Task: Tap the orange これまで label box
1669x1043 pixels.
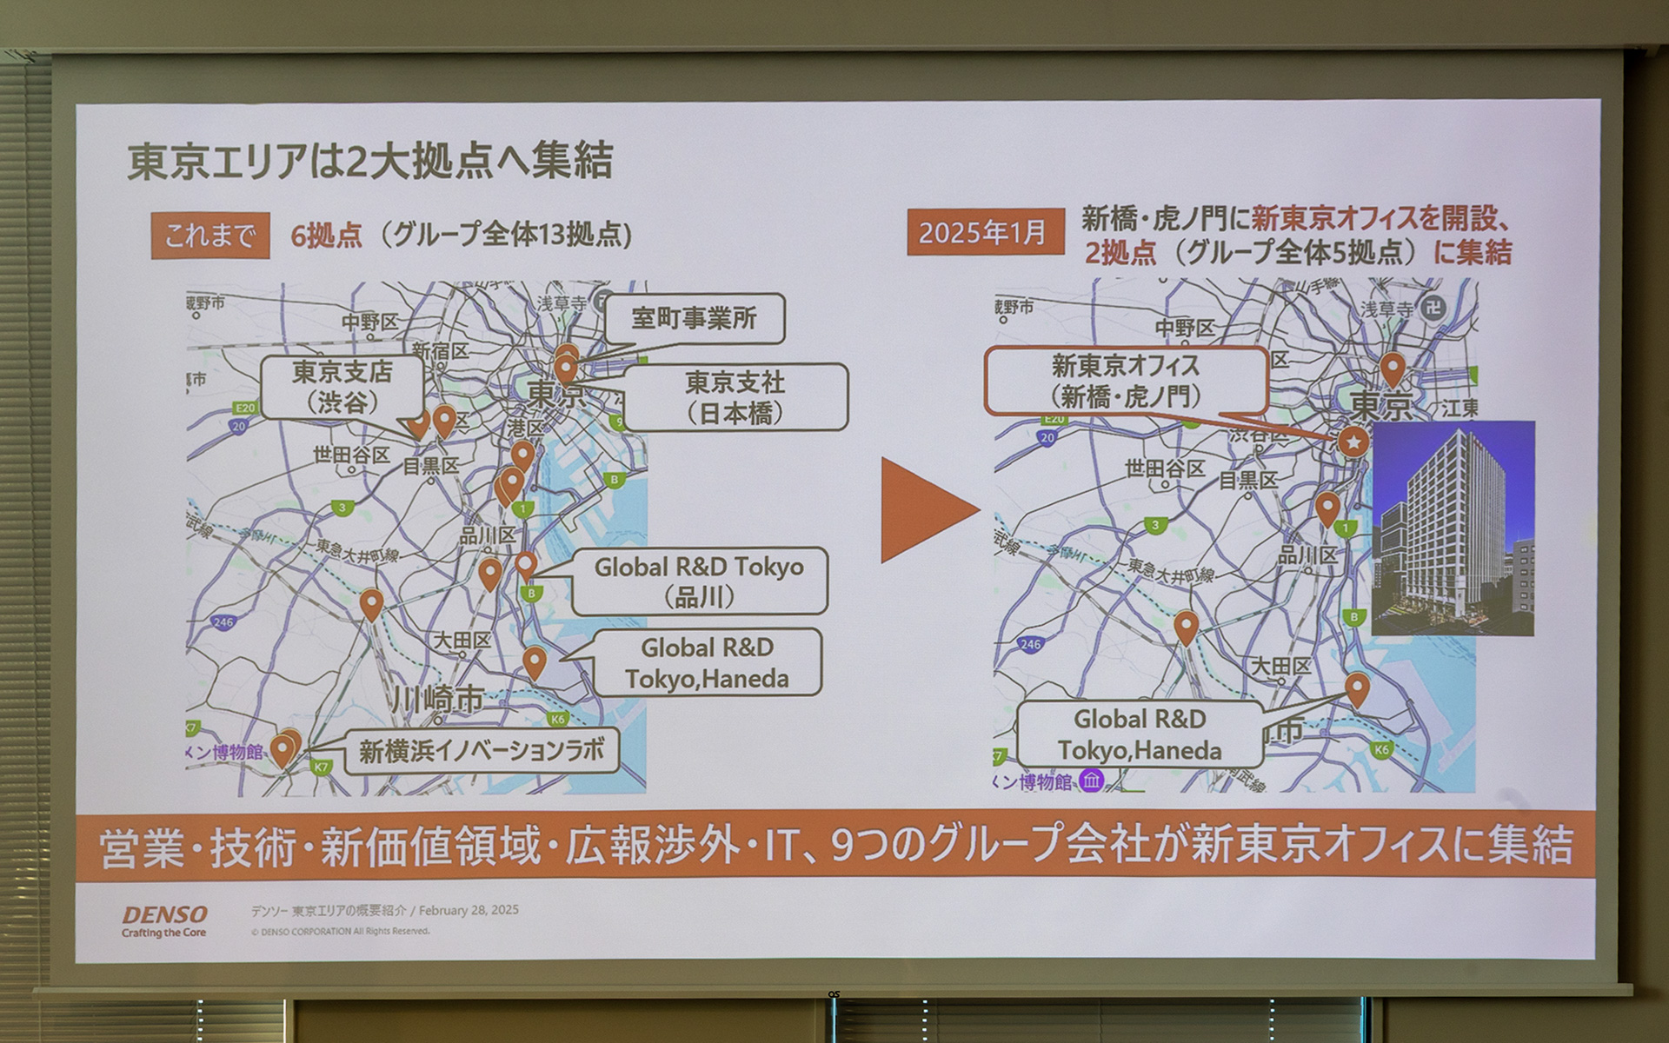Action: (209, 236)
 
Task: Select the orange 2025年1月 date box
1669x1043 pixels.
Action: (985, 233)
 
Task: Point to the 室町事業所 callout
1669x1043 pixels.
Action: (694, 319)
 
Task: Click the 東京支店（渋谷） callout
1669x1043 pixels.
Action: (342, 387)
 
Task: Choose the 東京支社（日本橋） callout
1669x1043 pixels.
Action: (735, 397)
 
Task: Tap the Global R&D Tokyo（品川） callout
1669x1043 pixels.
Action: (699, 581)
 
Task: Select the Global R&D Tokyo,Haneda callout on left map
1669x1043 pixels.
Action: (706, 662)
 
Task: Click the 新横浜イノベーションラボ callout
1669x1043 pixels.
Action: (481, 751)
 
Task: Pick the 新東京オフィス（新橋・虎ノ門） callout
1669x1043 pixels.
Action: (1125, 381)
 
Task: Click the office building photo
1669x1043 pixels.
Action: (1453, 528)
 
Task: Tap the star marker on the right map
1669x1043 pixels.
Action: (1353, 442)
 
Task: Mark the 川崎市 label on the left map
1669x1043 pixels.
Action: (436, 699)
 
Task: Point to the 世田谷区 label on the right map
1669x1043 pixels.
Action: (1164, 469)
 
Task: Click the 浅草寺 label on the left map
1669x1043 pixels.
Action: (562, 303)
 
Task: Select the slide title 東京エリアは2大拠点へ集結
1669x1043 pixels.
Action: (370, 161)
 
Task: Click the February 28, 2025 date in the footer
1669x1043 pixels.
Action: (469, 910)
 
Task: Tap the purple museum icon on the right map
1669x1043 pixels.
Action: (1092, 780)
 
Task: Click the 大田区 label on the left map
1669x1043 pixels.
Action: (462, 641)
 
